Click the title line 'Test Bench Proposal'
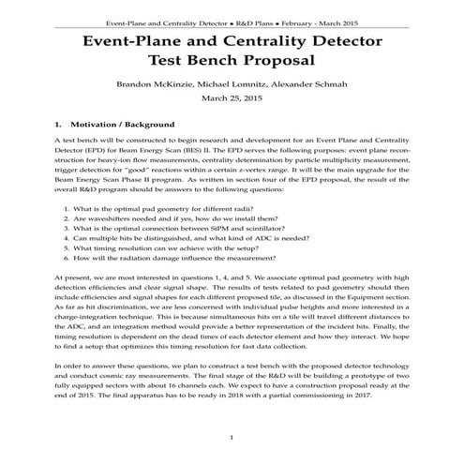[x=232, y=61]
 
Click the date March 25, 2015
[x=232, y=99]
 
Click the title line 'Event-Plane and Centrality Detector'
[x=232, y=41]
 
